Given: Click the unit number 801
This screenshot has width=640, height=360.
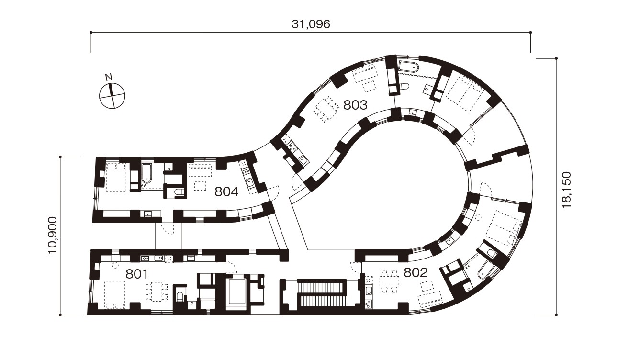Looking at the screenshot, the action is tap(137, 274).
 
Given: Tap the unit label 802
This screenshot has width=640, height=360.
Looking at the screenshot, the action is tap(415, 273).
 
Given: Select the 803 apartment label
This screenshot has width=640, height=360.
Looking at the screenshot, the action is tap(355, 105).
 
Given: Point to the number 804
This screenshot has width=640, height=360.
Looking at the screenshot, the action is tap(226, 191).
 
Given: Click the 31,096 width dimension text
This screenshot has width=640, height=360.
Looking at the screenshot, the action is tap(311, 24).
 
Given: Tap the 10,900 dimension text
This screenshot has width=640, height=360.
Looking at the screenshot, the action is tap(53, 236).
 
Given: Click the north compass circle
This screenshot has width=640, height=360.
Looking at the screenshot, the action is tap(112, 96).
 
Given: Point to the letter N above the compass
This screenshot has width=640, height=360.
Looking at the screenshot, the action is tap(109, 77).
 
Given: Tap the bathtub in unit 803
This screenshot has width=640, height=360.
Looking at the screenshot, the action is tap(409, 67).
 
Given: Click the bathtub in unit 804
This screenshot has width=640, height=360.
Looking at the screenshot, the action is tap(146, 173).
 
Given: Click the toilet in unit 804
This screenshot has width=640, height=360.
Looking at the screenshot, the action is tap(179, 193).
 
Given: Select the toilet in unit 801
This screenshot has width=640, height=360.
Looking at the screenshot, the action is tap(180, 297).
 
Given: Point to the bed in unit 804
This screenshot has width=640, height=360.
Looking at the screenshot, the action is tap(116, 178).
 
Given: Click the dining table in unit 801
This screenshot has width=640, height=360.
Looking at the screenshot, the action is tap(156, 292).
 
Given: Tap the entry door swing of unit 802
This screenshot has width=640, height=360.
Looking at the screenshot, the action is tap(355, 267).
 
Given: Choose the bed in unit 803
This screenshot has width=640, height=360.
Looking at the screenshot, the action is tap(464, 95).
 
